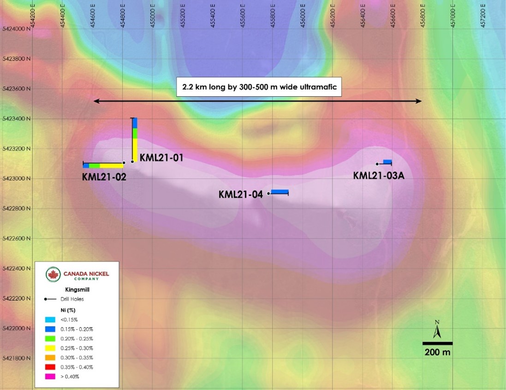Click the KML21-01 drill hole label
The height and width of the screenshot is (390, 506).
pyautogui.click(x=161, y=157)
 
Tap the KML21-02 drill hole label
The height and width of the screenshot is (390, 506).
pyautogui.click(x=104, y=177)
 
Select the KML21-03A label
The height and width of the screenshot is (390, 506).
pyautogui.click(x=379, y=175)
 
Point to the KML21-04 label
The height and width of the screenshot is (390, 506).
pyautogui.click(x=241, y=194)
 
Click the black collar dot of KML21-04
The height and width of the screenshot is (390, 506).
pyautogui.click(x=268, y=193)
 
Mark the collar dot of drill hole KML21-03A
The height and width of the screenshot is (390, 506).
pyautogui.click(x=377, y=164)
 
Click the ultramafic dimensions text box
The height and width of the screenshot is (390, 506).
pyautogui.click(x=259, y=87)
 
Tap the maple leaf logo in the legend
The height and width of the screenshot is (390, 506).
pyautogui.click(x=53, y=275)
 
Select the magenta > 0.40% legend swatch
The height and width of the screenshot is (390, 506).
pyautogui.click(x=50, y=377)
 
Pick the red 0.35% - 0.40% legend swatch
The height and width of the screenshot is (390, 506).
pyautogui.click(x=50, y=367)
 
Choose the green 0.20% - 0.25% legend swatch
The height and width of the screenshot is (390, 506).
pyautogui.click(x=50, y=338)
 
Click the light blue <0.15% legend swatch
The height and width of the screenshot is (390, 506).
pyautogui.click(x=50, y=320)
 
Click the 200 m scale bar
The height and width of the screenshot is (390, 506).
pyautogui.click(x=437, y=343)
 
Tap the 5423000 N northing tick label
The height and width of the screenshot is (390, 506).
pyautogui.click(x=17, y=179)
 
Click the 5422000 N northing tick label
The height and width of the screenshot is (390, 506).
pyautogui.click(x=17, y=328)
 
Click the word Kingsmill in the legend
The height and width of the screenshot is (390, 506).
pyautogui.click(x=77, y=290)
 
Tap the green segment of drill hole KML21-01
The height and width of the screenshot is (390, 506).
pyautogui.click(x=135, y=134)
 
